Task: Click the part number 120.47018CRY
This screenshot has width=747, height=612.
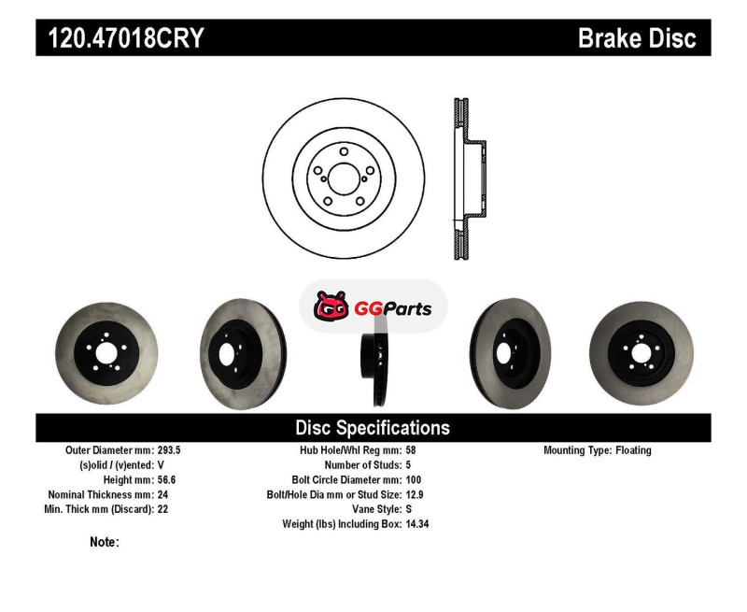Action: (126, 38)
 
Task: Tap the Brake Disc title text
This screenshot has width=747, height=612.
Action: (637, 38)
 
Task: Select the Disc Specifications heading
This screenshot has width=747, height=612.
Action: (373, 428)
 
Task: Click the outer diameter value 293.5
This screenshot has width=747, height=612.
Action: (169, 450)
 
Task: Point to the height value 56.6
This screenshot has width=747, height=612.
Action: (167, 480)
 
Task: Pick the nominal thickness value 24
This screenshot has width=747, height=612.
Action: (162, 495)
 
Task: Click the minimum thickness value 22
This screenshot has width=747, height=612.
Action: (162, 509)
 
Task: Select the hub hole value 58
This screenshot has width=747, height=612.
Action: (411, 450)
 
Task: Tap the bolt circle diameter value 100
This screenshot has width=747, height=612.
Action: (414, 480)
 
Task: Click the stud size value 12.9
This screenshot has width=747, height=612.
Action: (415, 495)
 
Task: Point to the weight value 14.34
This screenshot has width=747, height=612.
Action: (417, 524)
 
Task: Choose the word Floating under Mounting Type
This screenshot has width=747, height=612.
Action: (633, 450)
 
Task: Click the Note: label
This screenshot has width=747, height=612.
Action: (105, 543)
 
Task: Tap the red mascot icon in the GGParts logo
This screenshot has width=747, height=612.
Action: (331, 305)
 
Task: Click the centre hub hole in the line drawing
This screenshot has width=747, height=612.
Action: (344, 178)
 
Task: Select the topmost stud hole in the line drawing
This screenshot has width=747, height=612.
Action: (344, 151)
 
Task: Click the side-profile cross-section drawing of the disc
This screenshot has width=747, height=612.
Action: (470, 178)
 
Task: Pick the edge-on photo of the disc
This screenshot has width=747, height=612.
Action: (374, 364)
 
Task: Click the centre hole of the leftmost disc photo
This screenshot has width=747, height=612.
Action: (106, 353)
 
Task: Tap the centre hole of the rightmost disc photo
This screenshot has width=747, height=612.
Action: (641, 353)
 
